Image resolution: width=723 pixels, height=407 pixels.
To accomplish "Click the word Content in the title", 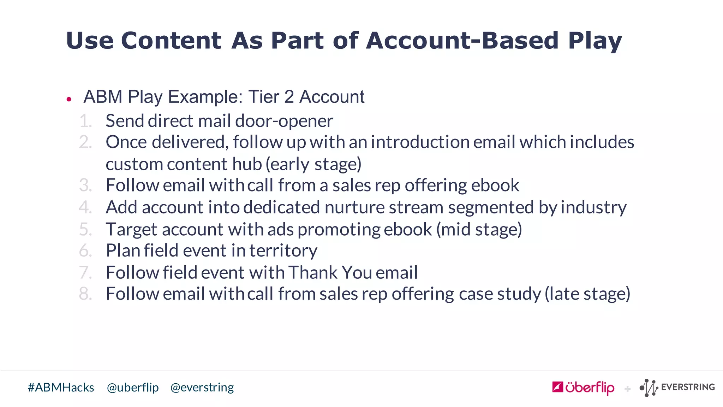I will click(171, 40).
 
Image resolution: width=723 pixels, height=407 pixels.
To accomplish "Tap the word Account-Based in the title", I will click(462, 40).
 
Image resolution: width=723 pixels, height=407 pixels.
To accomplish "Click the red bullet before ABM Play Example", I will click(69, 99).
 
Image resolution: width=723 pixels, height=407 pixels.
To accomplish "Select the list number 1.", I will click(85, 121).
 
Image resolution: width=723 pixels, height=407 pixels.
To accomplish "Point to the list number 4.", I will click(85, 207).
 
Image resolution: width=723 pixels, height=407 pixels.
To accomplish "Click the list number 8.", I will click(85, 294).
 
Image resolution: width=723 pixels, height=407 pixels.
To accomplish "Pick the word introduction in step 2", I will click(420, 142).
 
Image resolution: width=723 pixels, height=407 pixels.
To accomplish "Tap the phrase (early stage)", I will click(313, 164).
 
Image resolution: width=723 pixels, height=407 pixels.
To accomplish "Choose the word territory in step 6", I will click(283, 251).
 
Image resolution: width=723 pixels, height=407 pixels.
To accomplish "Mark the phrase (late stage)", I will click(587, 294).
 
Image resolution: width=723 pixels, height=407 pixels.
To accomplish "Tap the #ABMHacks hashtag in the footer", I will click(61, 388).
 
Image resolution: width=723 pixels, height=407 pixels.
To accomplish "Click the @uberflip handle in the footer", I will click(133, 388).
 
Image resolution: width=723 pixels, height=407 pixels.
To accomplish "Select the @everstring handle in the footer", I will click(202, 388).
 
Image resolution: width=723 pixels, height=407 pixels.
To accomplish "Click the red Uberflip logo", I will click(583, 388).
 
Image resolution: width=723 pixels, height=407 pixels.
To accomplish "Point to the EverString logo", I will click(677, 388).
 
